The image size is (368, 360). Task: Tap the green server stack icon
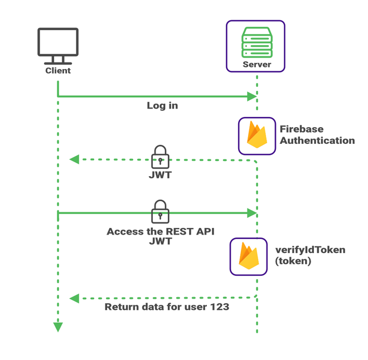tap(256, 42)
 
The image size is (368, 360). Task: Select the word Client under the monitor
tap(58, 71)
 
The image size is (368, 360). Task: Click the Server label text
tap(256, 65)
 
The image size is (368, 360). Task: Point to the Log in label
tap(162, 105)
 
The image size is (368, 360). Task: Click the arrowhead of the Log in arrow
tap(252, 96)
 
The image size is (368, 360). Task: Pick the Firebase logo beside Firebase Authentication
tap(256, 135)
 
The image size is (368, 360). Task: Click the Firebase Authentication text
tap(317, 135)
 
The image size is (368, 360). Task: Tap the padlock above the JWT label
tap(161, 157)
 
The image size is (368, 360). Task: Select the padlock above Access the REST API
tap(161, 211)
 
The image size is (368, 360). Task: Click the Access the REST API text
tap(161, 231)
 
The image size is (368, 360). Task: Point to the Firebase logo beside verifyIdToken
tap(249, 256)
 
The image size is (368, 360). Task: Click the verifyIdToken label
tap(310, 250)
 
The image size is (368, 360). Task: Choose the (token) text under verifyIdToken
tap(293, 261)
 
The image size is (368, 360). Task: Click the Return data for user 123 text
tap(167, 307)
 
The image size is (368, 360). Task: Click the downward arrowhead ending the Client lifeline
tap(58, 327)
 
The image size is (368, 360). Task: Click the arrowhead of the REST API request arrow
tap(252, 213)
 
